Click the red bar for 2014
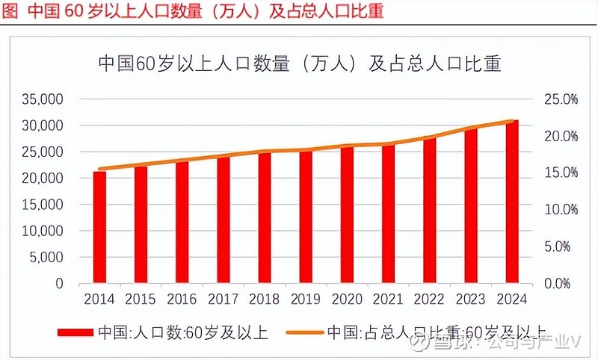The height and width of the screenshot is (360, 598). pos(99,228)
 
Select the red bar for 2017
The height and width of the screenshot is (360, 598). pos(224,220)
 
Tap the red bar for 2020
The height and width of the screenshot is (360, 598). pos(347,215)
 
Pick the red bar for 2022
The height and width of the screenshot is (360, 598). pos(429,211)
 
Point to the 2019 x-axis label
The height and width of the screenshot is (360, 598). pos(306,299)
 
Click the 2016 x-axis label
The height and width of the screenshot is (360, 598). pos(182,299)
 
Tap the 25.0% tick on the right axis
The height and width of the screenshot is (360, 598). pos(560,99)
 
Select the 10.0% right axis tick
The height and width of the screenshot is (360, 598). pos(560,210)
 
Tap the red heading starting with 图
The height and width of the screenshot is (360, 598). pos(193,13)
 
